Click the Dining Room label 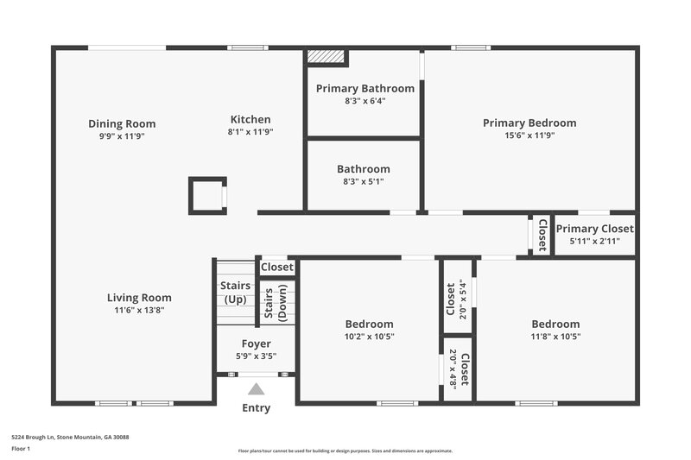[x=122, y=123]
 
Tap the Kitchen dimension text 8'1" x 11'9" [x=250, y=132]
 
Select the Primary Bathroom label [x=365, y=88]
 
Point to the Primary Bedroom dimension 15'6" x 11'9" [x=529, y=135]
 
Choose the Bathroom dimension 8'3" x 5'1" [x=363, y=182]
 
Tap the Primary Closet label [x=594, y=229]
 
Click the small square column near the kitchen [x=207, y=195]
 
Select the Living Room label [x=139, y=298]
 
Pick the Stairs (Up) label [x=235, y=293]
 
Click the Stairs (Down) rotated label [x=275, y=305]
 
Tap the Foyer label [x=256, y=343]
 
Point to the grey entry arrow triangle [x=256, y=390]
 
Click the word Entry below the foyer [x=256, y=408]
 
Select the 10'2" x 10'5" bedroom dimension [x=370, y=337]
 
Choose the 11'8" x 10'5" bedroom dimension [x=555, y=337]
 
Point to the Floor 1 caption [x=20, y=449]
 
